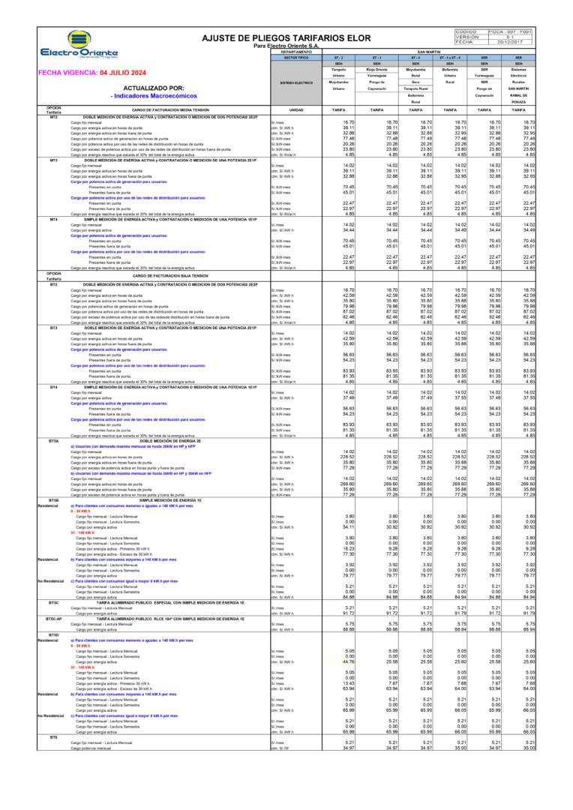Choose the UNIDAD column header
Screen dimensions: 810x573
coord(295,110)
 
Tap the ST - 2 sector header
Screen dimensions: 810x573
coord(338,57)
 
